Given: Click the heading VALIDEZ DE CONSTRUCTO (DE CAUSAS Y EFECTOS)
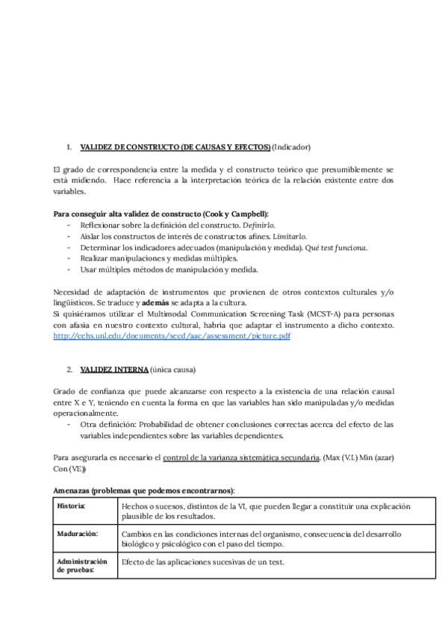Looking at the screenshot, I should [175, 147].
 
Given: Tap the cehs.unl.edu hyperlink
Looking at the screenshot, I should [172, 337].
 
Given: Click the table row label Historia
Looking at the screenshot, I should [71, 507].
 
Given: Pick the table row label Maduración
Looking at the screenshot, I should [78, 534].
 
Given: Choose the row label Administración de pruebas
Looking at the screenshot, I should [82, 565].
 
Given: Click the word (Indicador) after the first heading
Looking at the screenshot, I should [291, 147].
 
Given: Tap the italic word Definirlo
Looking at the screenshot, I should [259, 225].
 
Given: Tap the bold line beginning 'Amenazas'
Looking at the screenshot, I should [144, 490].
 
